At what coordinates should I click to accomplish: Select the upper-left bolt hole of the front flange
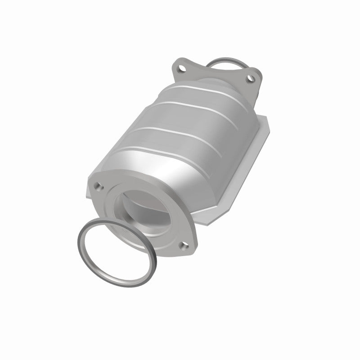point(98,185)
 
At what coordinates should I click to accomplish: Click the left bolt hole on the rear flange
point(182,69)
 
